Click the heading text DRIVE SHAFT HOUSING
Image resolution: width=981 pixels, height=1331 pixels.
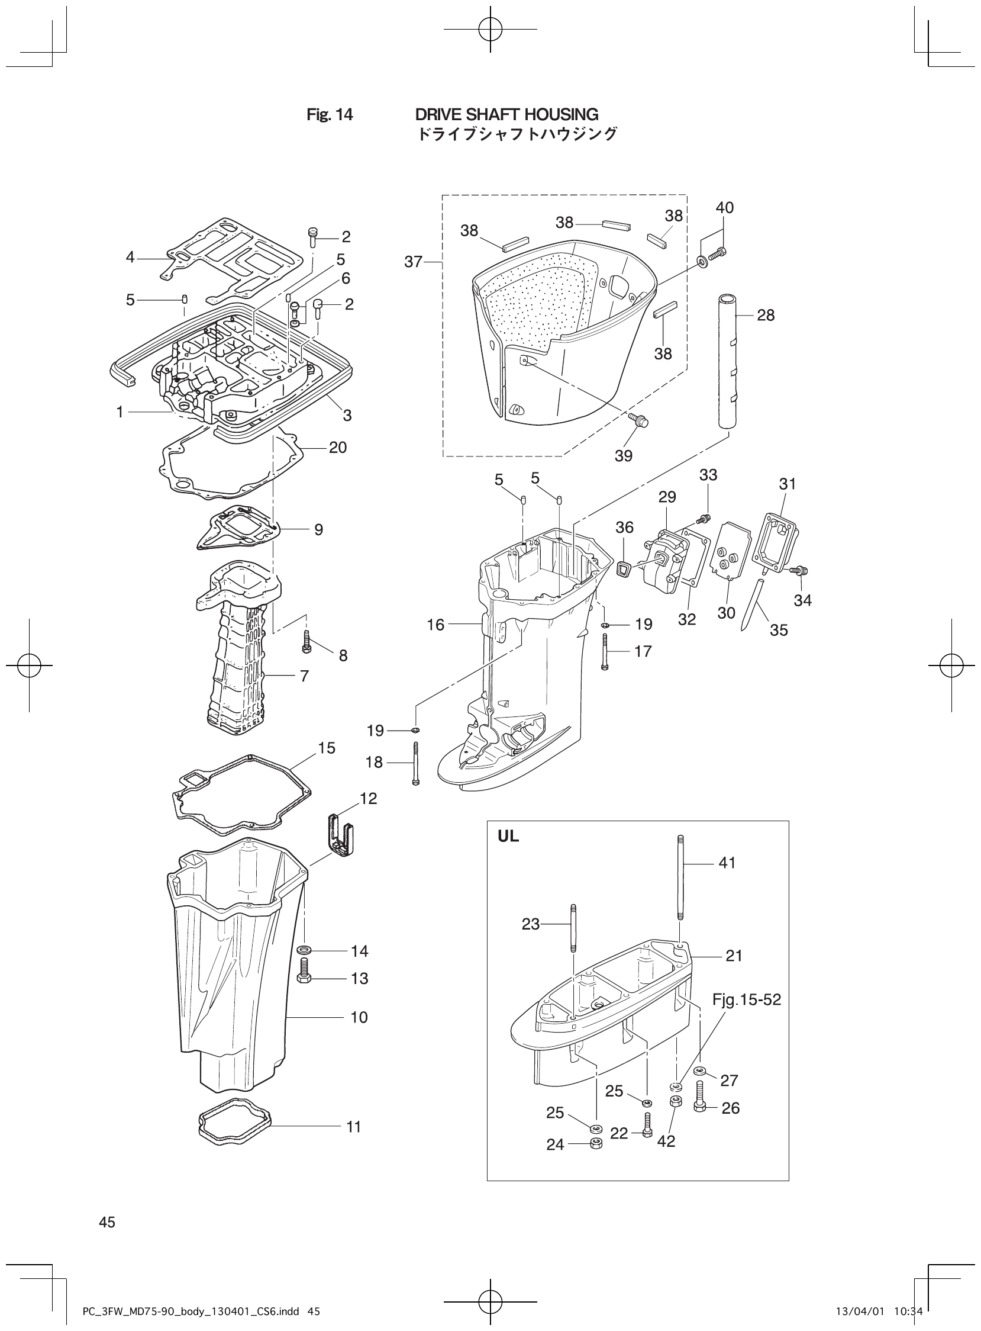click(x=506, y=115)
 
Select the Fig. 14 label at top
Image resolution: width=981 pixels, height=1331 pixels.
click(x=330, y=115)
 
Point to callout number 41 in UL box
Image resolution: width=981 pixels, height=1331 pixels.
click(x=727, y=863)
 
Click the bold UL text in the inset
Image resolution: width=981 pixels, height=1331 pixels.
click(x=508, y=837)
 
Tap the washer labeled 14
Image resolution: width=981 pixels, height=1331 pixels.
click(x=303, y=951)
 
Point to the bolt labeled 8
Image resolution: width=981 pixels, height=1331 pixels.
click(x=307, y=642)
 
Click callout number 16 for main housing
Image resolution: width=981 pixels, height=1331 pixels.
click(x=435, y=625)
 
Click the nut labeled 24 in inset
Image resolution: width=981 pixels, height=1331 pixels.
click(x=598, y=1144)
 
